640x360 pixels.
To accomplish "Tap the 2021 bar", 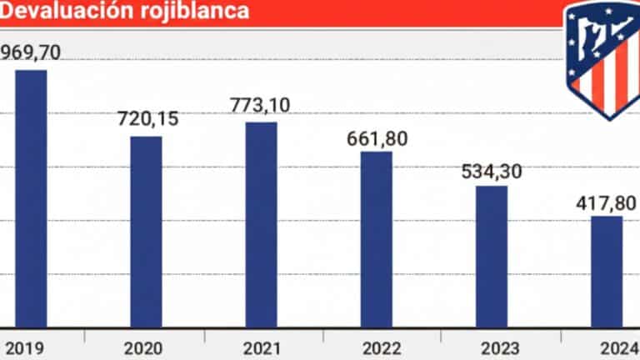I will [261, 224].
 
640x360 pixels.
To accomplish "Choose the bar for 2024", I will [606, 272].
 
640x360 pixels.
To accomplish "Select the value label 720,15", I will [147, 119].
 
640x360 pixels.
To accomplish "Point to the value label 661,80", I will [377, 137].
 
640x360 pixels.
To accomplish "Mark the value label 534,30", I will [492, 172].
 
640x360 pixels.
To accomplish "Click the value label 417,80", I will [606, 202].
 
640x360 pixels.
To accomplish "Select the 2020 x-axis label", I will [144, 346].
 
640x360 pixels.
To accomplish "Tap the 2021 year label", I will [259, 346].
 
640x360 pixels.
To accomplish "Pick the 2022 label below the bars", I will [375, 346].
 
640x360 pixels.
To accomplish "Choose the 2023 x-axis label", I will [490, 346].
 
